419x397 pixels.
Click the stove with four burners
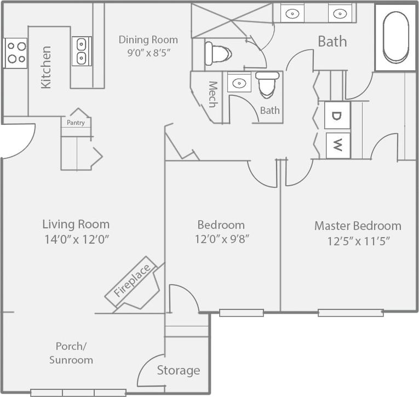[15, 53]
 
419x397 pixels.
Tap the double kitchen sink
[82, 51]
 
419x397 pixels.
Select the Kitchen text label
[46, 67]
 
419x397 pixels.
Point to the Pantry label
[76, 123]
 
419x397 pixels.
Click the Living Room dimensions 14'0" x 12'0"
[76, 239]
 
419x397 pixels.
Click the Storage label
[179, 371]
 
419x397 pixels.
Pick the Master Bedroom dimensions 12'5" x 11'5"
[358, 241]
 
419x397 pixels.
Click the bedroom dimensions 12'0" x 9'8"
[221, 239]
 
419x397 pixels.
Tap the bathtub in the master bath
[395, 37]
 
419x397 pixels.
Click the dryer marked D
[337, 116]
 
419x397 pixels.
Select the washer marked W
[338, 146]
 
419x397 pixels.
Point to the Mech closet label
[213, 94]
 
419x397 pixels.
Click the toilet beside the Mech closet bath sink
[268, 84]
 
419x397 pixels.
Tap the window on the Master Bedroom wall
[351, 313]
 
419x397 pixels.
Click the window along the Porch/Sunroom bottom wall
[78, 392]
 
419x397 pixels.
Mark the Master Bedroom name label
[358, 226]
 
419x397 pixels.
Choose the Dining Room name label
[148, 39]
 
